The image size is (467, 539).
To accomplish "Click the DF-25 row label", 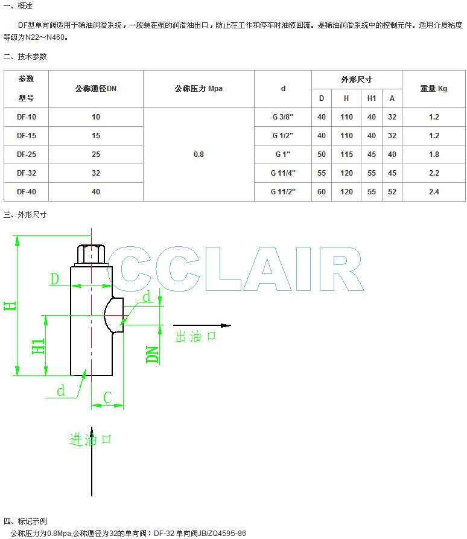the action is [x=27, y=155].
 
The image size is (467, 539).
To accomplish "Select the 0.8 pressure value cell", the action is [x=199, y=155].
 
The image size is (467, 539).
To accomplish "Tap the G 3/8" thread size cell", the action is [x=283, y=117].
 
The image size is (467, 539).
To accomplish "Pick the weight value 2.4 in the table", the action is [x=434, y=192].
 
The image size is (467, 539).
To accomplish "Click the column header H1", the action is [x=372, y=98].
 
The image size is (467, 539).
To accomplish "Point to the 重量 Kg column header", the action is [x=434, y=89].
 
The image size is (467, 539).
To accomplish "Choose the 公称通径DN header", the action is [x=96, y=89].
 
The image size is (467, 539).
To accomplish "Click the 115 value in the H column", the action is [x=346, y=155].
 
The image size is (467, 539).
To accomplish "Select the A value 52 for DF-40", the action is [x=392, y=192].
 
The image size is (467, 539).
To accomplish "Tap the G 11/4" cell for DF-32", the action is [x=283, y=173].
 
